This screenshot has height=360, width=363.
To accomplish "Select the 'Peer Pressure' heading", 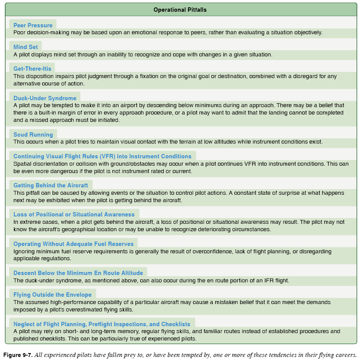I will tap(33, 25).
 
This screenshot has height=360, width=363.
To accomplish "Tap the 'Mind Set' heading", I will tap(26, 47).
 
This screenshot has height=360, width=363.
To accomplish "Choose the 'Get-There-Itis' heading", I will tap(32, 69).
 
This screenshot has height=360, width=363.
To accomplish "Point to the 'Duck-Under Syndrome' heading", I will tap(45, 98).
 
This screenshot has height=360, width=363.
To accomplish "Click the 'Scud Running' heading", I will tap(33, 134).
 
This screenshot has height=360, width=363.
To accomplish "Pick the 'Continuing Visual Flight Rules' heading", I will tap(102, 156).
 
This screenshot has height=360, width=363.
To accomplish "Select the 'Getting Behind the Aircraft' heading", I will tap(51, 185).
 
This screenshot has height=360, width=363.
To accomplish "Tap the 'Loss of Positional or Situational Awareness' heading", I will tap(74, 214).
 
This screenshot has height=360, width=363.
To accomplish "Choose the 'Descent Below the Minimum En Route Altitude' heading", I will tap(78, 273).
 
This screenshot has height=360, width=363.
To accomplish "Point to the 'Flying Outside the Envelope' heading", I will tap(52, 295).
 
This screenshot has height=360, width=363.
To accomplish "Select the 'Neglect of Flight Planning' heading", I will tap(102, 324).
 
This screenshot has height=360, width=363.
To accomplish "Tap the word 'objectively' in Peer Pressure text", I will tap(306, 33).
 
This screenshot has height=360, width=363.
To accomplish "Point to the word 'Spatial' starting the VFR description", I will tap(23, 164).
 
